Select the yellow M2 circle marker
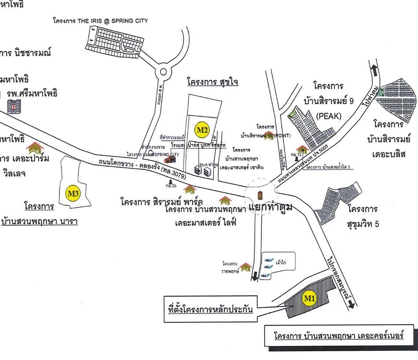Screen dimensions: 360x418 coord(202,130)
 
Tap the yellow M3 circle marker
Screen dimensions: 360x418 coord(73,193)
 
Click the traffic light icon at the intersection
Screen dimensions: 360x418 coord(260,195)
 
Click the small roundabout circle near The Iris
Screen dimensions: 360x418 coord(163,72)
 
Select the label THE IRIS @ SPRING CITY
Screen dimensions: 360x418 coord(100,21)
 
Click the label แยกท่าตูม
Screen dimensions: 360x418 coord(270,206)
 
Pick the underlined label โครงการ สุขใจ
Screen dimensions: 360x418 coord(212,82)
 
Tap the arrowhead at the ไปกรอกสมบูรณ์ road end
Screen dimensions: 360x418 coord(351,305)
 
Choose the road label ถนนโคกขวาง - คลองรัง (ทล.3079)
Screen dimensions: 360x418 coord(143,170)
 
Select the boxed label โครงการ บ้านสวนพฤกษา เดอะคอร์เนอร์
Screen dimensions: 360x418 coord(339,336)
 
